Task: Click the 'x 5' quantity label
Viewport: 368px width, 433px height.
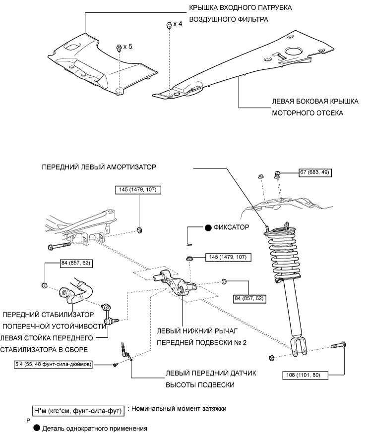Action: pyautogui.click(x=127, y=46)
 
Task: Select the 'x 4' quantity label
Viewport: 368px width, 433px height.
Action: pyautogui.click(x=178, y=24)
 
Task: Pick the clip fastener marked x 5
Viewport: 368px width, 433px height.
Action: pyautogui.click(x=119, y=48)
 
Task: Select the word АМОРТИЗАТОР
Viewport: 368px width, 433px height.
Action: pyautogui.click(x=131, y=167)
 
